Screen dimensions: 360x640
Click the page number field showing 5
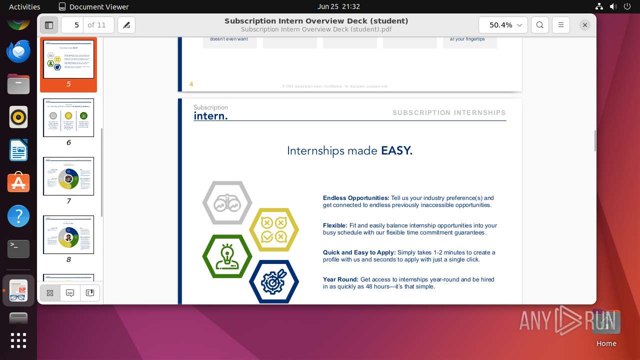click(x=76, y=25)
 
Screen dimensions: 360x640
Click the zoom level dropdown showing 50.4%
click(x=502, y=25)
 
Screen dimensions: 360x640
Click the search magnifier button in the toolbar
click(x=539, y=25)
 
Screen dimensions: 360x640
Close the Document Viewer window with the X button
click(x=584, y=25)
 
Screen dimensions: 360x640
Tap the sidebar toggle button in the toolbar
click(x=49, y=25)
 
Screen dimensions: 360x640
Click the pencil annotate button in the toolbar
click(x=126, y=25)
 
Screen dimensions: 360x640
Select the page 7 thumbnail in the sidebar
click(x=68, y=176)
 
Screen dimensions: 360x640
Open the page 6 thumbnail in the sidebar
click(x=68, y=118)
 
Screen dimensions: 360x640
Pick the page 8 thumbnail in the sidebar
click(x=68, y=235)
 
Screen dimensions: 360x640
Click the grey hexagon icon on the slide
click(x=227, y=203)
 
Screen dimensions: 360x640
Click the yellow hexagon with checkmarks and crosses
click(x=274, y=229)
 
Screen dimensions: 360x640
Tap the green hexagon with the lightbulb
click(x=227, y=256)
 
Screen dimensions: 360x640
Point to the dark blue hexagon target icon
click(x=274, y=282)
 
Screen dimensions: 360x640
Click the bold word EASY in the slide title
click(x=396, y=151)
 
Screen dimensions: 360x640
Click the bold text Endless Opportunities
click(x=356, y=198)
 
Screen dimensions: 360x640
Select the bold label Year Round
click(x=340, y=279)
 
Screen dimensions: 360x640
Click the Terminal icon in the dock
click(x=18, y=248)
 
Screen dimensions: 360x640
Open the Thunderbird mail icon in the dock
click(x=18, y=51)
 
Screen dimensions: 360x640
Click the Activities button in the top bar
click(x=24, y=6)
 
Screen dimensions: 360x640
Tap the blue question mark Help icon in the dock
click(x=18, y=216)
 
